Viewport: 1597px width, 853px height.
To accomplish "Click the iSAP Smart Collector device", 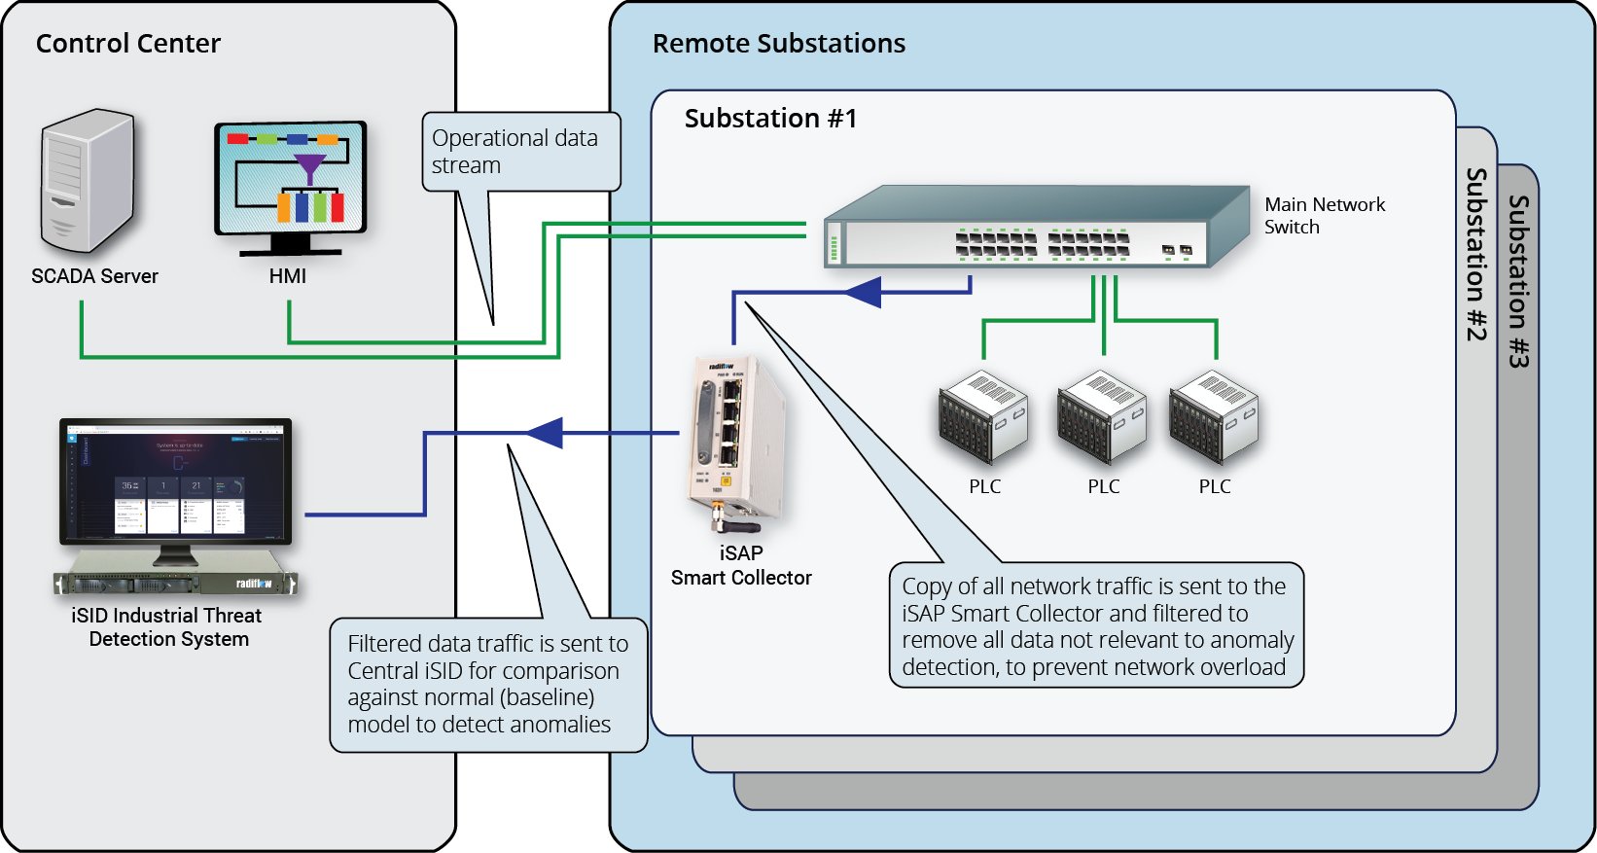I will (x=736, y=438).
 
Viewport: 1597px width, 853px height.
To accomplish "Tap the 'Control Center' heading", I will (x=128, y=44).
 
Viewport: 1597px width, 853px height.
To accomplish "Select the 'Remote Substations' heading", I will (x=778, y=44).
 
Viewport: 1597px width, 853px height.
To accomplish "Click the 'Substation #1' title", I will (x=770, y=119).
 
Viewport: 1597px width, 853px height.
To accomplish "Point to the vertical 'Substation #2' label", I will (x=1476, y=254).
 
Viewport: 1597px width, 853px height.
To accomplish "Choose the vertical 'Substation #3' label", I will (x=1518, y=281).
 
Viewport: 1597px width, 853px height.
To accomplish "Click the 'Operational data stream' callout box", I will (x=520, y=152).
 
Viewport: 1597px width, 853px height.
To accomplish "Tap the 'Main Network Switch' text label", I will (x=1324, y=216).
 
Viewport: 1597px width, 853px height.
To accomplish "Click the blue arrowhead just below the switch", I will (x=863, y=292).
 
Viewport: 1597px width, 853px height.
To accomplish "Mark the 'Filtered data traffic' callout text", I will (x=488, y=684).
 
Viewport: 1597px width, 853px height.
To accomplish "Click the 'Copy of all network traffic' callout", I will (x=1096, y=625).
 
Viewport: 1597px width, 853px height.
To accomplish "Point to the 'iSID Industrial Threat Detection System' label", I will (x=167, y=627).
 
